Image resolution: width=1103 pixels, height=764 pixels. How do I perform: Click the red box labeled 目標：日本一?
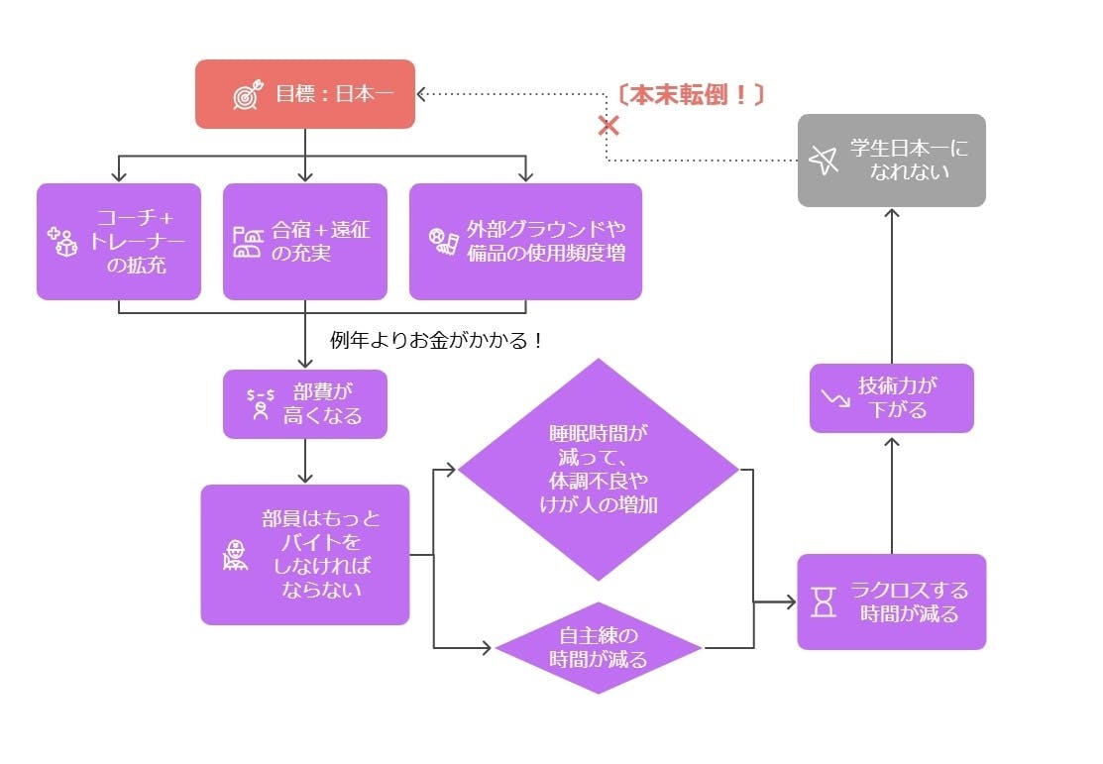[x=304, y=94]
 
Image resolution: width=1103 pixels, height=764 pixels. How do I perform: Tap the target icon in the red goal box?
[x=246, y=95]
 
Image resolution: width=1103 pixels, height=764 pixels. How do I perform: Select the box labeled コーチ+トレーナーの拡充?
[x=119, y=241]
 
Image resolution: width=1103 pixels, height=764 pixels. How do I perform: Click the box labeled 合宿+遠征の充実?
[x=304, y=241]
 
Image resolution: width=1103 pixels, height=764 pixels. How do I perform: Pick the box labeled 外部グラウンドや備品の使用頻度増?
[x=525, y=241]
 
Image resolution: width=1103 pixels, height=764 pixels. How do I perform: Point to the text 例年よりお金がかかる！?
[x=437, y=340]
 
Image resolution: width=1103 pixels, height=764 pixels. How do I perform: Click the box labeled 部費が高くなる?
[x=304, y=403]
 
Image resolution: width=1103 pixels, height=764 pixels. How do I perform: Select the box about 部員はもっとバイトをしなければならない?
[x=304, y=554]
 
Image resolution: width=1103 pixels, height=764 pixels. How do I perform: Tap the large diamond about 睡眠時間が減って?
[x=598, y=470]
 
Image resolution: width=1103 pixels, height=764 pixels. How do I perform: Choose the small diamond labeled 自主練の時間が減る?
[x=598, y=648]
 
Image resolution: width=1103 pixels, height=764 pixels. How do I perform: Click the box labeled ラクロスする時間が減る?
[x=891, y=601]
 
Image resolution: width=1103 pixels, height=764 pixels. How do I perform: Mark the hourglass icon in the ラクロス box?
[x=824, y=601]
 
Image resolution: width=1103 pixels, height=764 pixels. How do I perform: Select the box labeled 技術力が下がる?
[x=891, y=397]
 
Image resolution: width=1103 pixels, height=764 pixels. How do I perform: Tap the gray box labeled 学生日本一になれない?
[x=891, y=160]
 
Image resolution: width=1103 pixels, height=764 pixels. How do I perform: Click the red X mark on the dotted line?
[x=608, y=126]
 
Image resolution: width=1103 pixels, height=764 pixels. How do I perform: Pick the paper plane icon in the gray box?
[x=823, y=160]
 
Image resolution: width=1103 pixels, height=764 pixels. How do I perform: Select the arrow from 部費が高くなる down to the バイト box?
[x=304, y=461]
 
